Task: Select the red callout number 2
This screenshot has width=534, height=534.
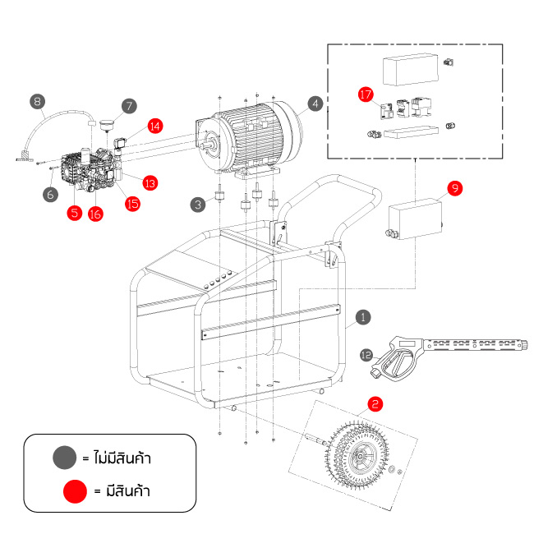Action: tap(375, 403)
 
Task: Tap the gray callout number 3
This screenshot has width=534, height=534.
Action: tap(197, 203)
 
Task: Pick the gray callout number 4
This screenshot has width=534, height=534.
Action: tap(315, 104)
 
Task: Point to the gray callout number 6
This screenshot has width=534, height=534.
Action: tap(50, 194)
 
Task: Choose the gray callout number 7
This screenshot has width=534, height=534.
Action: tap(128, 106)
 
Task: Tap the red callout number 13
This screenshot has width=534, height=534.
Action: tap(150, 182)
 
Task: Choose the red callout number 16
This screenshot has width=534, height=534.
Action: tap(95, 214)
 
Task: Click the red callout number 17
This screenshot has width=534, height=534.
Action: tap(366, 94)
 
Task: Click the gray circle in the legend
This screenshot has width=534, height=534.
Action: tap(62, 457)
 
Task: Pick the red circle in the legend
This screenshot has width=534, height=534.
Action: tap(76, 491)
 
